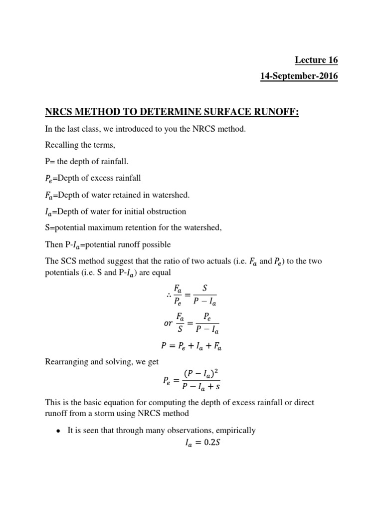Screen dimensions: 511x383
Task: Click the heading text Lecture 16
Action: coord(316,60)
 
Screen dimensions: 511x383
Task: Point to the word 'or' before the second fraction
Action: coord(169,322)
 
